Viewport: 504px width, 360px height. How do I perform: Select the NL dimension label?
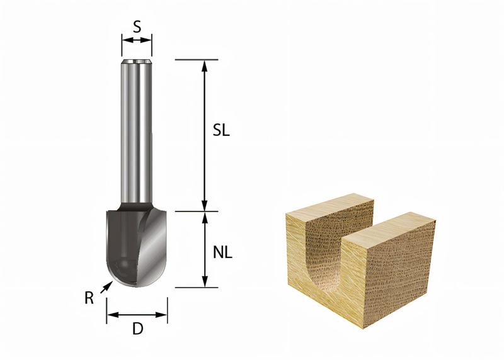[222, 252]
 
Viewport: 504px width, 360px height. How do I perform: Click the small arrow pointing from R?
[108, 287]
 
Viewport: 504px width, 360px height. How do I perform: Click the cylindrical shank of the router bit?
[137, 132]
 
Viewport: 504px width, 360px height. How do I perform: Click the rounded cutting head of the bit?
[135, 245]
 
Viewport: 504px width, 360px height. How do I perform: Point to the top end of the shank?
[137, 62]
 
